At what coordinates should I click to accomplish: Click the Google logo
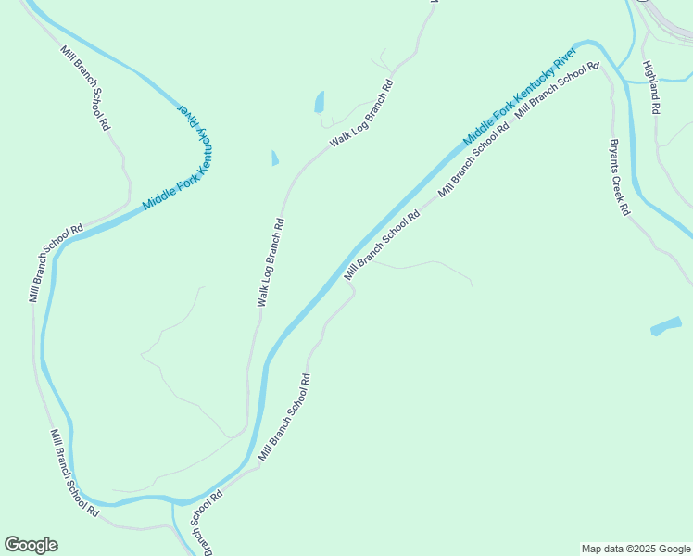pos(31,545)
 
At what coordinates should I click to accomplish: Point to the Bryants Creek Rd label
pos(619,177)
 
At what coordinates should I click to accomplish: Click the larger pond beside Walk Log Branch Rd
pos(320,101)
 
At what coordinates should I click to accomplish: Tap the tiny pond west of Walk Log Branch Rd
pos(274,158)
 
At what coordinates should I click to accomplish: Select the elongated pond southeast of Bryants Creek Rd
pos(666,325)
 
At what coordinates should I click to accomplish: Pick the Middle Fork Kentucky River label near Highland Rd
pos(518,94)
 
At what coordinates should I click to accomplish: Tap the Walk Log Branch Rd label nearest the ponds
pos(362,114)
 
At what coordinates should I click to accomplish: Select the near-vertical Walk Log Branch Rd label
pos(271,263)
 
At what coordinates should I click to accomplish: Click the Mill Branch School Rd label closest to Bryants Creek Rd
pos(557,89)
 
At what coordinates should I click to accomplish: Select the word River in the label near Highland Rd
pos(564,57)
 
